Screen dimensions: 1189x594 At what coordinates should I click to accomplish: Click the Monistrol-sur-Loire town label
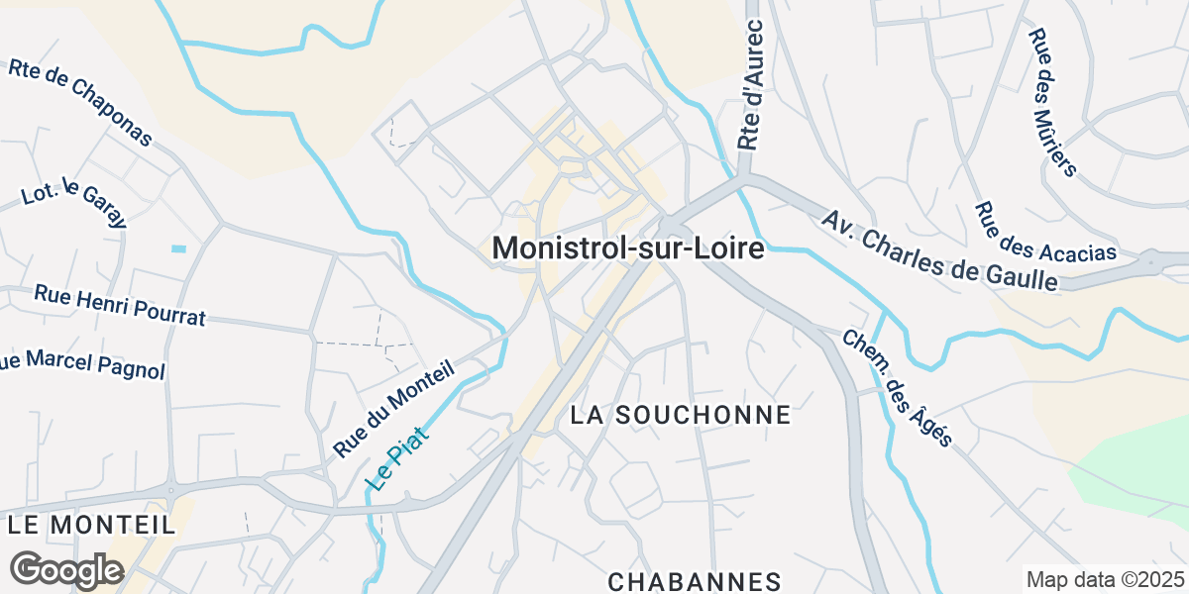(x=628, y=248)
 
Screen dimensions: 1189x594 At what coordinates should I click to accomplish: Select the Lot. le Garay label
(x=74, y=202)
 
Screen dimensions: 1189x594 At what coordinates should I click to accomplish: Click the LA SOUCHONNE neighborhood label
(x=681, y=415)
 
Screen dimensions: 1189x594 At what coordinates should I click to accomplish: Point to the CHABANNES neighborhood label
(x=695, y=581)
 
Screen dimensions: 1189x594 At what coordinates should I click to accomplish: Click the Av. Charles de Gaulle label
(x=939, y=248)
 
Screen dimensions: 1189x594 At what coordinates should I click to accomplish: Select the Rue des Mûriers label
(x=1051, y=102)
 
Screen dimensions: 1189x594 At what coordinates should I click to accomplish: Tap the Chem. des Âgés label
(x=897, y=387)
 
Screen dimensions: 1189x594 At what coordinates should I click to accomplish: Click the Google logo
(x=65, y=570)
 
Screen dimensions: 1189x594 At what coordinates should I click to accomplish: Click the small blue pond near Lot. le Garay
(x=178, y=247)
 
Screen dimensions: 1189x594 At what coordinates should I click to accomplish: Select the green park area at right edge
(x=1139, y=465)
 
